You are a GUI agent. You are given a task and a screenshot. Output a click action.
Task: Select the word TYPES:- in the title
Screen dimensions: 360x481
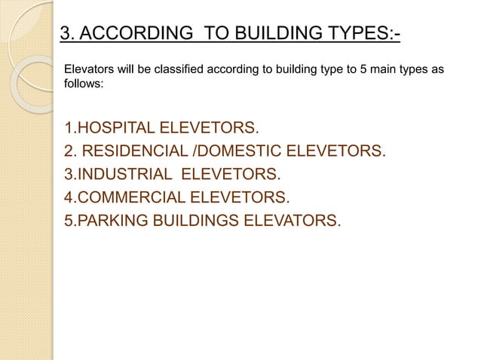361,35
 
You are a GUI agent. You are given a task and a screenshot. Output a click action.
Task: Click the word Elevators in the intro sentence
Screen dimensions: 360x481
90,71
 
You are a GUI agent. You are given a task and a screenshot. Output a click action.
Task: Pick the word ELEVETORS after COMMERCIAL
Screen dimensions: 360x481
236,199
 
